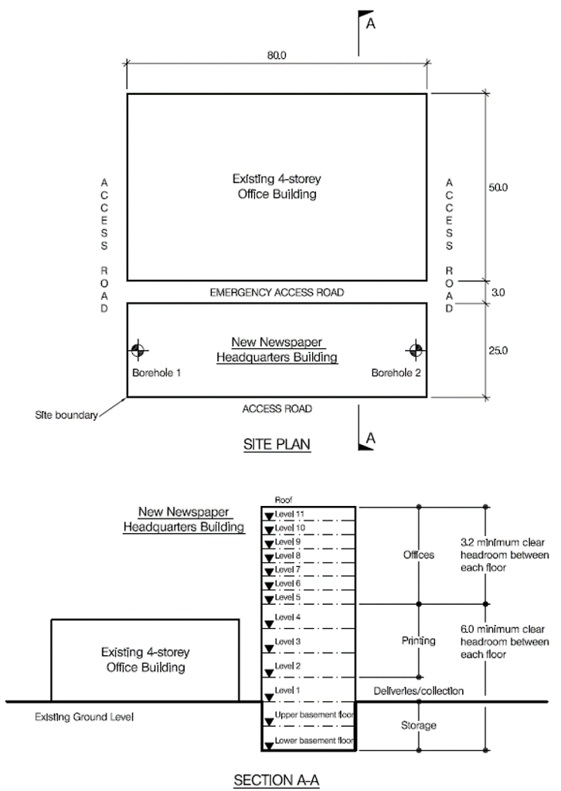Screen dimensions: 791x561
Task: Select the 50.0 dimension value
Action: click(500, 187)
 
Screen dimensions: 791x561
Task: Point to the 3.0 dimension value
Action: click(500, 293)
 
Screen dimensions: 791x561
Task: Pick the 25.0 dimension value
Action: click(500, 351)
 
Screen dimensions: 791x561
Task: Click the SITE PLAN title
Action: click(277, 446)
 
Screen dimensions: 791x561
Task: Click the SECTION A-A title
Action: click(277, 781)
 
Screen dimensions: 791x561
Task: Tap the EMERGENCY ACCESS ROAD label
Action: click(277, 293)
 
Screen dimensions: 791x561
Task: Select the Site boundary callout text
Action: click(66, 416)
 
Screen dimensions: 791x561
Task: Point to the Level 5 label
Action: click(288, 597)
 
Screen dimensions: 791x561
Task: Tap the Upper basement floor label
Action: click(314, 715)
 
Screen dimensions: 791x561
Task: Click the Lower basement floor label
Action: click(314, 742)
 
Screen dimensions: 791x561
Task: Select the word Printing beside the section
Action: click(418, 640)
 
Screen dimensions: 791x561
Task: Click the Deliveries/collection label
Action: click(418, 691)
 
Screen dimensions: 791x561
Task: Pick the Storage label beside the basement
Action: click(418, 725)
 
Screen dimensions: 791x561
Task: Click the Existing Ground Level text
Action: click(84, 717)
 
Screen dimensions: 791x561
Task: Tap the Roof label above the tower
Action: click(284, 499)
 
